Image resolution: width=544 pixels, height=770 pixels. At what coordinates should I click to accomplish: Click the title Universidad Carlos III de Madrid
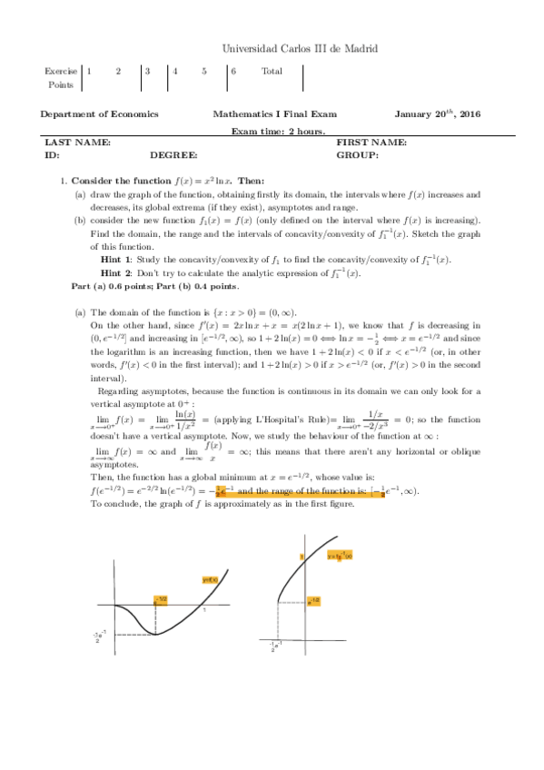click(x=301, y=48)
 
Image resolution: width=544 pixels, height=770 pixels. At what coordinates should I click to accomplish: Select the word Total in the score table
click(x=272, y=70)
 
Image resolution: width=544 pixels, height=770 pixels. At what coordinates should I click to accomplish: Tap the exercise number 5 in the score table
click(x=204, y=70)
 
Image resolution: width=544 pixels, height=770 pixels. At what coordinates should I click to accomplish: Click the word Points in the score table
click(x=60, y=84)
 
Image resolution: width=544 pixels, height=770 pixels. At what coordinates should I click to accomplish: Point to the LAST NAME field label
click(x=78, y=143)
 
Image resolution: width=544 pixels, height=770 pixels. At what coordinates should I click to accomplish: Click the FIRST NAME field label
click(x=371, y=143)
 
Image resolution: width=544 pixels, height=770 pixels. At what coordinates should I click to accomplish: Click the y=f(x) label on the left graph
click(x=209, y=579)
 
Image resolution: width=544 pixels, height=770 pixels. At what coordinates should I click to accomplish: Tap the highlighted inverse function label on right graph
click(x=340, y=557)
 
